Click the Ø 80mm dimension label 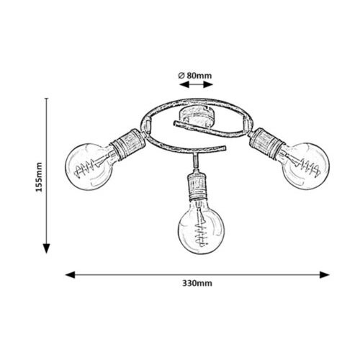[x=195, y=76]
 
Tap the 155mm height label [x=39, y=177]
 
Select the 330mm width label [x=197, y=283]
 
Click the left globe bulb [x=89, y=166]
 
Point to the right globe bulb [x=305, y=166]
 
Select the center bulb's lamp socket [x=197, y=185]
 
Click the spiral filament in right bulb [x=310, y=167]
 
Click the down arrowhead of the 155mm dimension [x=46, y=248]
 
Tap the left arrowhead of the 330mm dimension [x=70, y=275]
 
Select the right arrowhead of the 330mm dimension [x=325, y=275]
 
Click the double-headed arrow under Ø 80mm [x=197, y=84]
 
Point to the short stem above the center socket [x=195, y=161]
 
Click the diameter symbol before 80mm [x=181, y=76]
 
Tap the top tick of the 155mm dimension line [x=46, y=99]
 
